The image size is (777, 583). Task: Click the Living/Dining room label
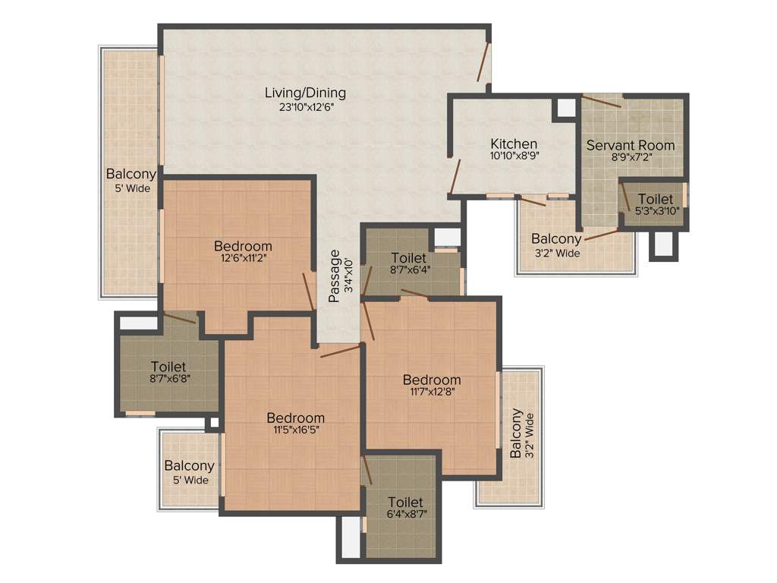(x=305, y=93)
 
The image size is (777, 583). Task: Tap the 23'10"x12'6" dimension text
(x=306, y=107)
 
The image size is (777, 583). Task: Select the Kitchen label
(x=514, y=143)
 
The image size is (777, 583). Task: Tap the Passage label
(x=334, y=276)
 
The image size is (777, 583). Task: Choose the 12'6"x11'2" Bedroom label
(x=243, y=246)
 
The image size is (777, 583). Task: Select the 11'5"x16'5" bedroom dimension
(x=296, y=430)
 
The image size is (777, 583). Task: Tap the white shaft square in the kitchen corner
(x=566, y=107)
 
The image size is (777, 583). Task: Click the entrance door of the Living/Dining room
(x=484, y=62)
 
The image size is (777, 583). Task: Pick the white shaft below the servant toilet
(x=662, y=244)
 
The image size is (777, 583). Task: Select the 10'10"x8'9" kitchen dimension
(x=514, y=156)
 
